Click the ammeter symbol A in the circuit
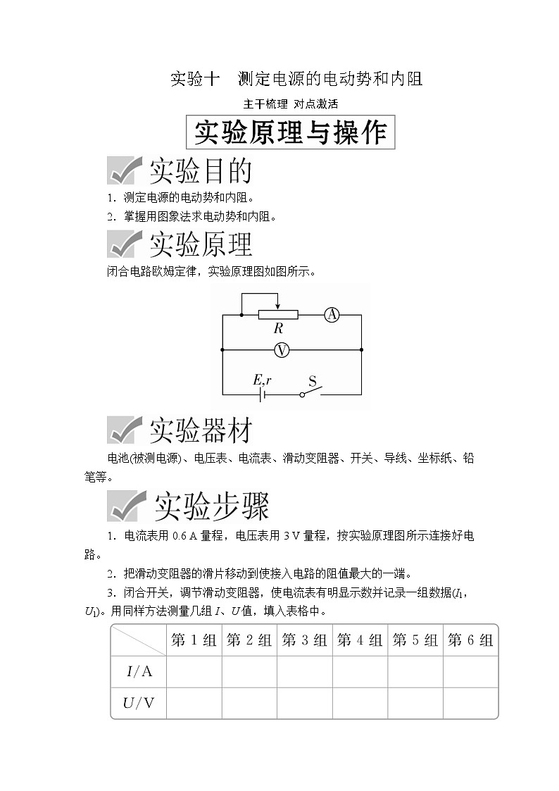point(332,315)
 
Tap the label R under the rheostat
point(279,329)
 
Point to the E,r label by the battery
point(262,380)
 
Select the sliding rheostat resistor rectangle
point(279,314)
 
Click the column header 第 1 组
point(194,640)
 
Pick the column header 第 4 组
point(360,640)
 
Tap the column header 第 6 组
point(470,640)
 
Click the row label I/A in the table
point(139,671)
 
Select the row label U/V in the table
point(139,702)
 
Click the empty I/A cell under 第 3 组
point(304,671)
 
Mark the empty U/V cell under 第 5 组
point(415,702)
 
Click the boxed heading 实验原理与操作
point(290,132)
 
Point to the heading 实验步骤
point(211,506)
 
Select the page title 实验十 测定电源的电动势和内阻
point(296,78)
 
